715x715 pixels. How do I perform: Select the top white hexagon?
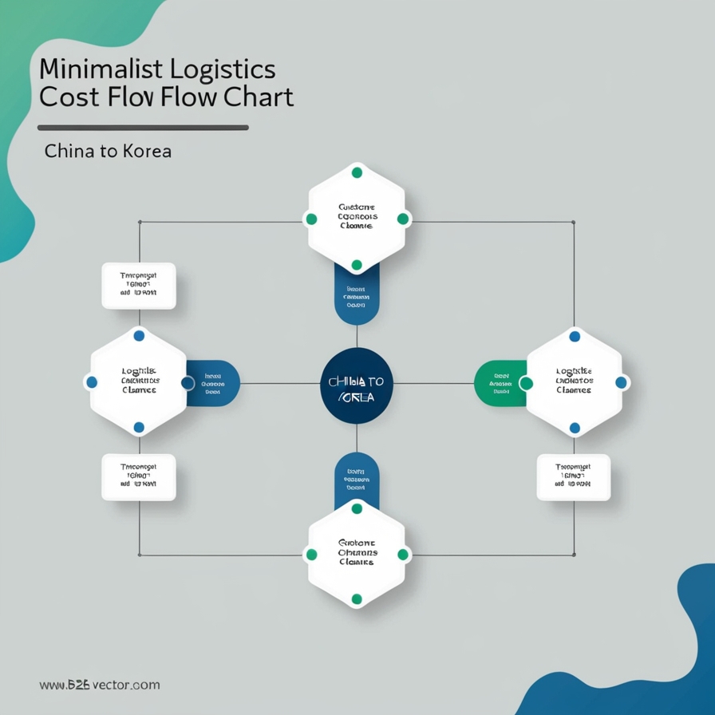[357, 218]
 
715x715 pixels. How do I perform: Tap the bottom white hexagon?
[357, 554]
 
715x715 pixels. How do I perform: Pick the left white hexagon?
[138, 382]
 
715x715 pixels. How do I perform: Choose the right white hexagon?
[575, 382]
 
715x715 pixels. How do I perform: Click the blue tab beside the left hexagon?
[214, 383]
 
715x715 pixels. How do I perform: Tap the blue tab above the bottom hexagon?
[357, 477]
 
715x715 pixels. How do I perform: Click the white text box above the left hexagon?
[139, 286]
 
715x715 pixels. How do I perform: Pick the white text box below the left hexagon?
[139, 477]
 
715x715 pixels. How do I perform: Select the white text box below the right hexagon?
[574, 477]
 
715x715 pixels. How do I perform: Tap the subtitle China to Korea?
[108, 150]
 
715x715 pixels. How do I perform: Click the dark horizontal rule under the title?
[143, 127]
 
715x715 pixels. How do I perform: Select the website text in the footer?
[99, 685]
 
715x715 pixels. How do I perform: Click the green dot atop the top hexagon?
[357, 172]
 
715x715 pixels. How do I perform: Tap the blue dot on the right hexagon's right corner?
[621, 383]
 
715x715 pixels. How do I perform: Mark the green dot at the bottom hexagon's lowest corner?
[357, 598]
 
